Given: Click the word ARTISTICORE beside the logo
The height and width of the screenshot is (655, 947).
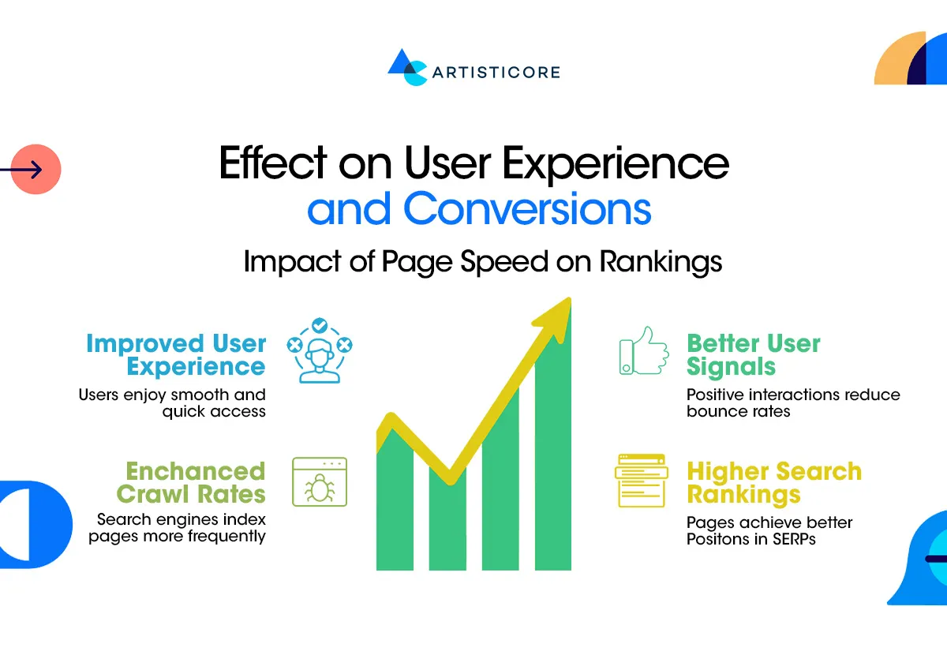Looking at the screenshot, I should [496, 72].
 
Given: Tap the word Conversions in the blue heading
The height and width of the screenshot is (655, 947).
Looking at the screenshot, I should [527, 208].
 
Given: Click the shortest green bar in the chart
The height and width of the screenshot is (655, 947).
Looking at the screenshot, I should [447, 521].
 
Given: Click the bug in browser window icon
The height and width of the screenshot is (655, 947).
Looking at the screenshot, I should [320, 481].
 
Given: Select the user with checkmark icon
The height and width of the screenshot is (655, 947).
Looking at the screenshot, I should [319, 350].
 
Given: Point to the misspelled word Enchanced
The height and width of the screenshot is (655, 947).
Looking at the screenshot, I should [195, 471].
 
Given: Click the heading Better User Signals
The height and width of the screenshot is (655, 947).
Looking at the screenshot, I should [753, 355].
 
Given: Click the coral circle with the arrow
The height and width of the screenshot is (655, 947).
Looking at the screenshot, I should [36, 169].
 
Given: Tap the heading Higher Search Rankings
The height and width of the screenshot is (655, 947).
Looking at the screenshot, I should [773, 483].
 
